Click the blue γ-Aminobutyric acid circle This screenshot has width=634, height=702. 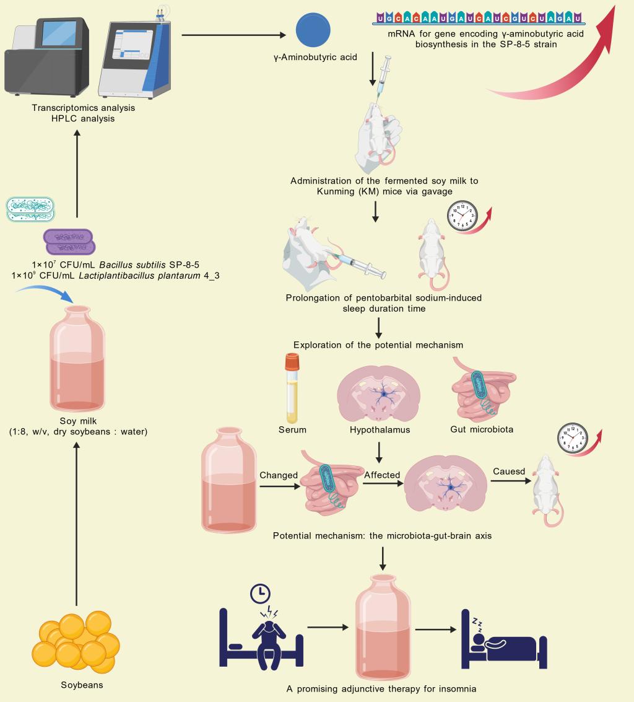tap(313, 30)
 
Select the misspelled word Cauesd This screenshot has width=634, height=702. tap(509, 472)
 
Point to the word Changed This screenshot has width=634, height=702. tap(279, 475)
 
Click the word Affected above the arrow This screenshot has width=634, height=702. tap(383, 475)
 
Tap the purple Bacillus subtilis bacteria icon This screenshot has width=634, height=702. tap(68, 242)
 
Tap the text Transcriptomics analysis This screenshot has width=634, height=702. tap(83, 108)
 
